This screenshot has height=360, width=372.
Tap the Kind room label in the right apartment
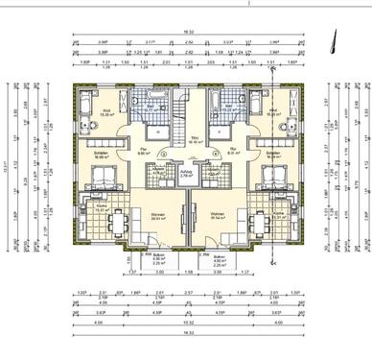[271, 111]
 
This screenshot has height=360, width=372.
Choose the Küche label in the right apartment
[278, 213]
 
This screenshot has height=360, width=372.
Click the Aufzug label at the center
[187, 173]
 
